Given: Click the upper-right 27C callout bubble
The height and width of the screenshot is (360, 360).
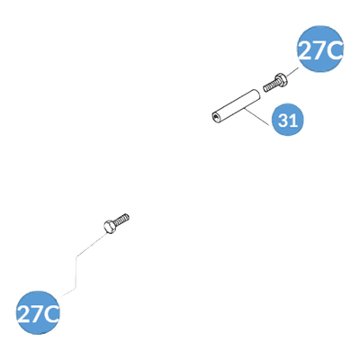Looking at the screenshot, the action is [x=320, y=49].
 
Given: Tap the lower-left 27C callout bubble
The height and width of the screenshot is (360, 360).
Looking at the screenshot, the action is [x=38, y=312].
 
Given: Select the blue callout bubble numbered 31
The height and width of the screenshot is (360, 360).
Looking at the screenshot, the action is [x=287, y=120].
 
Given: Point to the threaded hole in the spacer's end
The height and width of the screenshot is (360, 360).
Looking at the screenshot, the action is [x=215, y=116].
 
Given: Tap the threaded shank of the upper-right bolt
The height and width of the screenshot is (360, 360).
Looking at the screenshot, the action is [x=269, y=85].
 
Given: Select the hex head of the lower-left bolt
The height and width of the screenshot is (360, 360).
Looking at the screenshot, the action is [x=110, y=226].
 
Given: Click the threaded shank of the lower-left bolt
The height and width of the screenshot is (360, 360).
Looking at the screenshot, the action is [x=122, y=220].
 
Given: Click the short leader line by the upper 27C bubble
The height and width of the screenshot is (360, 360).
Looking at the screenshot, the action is [x=292, y=72].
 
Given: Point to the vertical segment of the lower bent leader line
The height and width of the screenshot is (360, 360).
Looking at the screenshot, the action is [x=76, y=273].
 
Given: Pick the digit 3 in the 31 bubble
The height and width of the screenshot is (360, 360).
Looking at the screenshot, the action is [x=283, y=121].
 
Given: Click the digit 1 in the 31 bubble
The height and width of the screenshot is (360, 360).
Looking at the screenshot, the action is [x=293, y=121].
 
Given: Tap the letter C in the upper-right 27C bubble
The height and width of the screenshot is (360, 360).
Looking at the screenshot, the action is [x=334, y=50].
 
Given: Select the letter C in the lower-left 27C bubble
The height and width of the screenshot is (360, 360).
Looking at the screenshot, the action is [x=51, y=314].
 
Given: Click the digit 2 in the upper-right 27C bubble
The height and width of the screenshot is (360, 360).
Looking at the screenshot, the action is [x=305, y=50].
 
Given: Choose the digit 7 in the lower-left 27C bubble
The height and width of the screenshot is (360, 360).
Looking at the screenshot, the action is [x=37, y=314].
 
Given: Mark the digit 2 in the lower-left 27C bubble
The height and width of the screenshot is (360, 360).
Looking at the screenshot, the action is [x=23, y=314].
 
